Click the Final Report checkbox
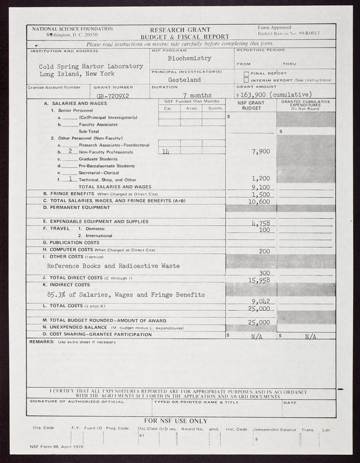click(246, 74)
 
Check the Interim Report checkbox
click(246, 80)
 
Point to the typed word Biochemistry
click(189, 58)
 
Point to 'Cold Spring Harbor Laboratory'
click(91, 66)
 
